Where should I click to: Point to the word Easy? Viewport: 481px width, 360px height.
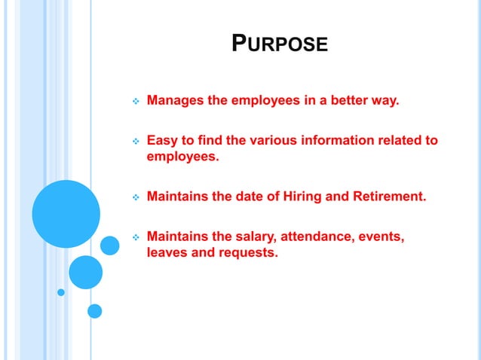[161, 140]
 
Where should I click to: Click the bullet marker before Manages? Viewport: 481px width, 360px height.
[136, 101]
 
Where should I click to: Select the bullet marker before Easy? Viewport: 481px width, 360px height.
[136, 141]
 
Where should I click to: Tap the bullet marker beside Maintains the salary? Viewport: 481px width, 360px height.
[136, 238]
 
